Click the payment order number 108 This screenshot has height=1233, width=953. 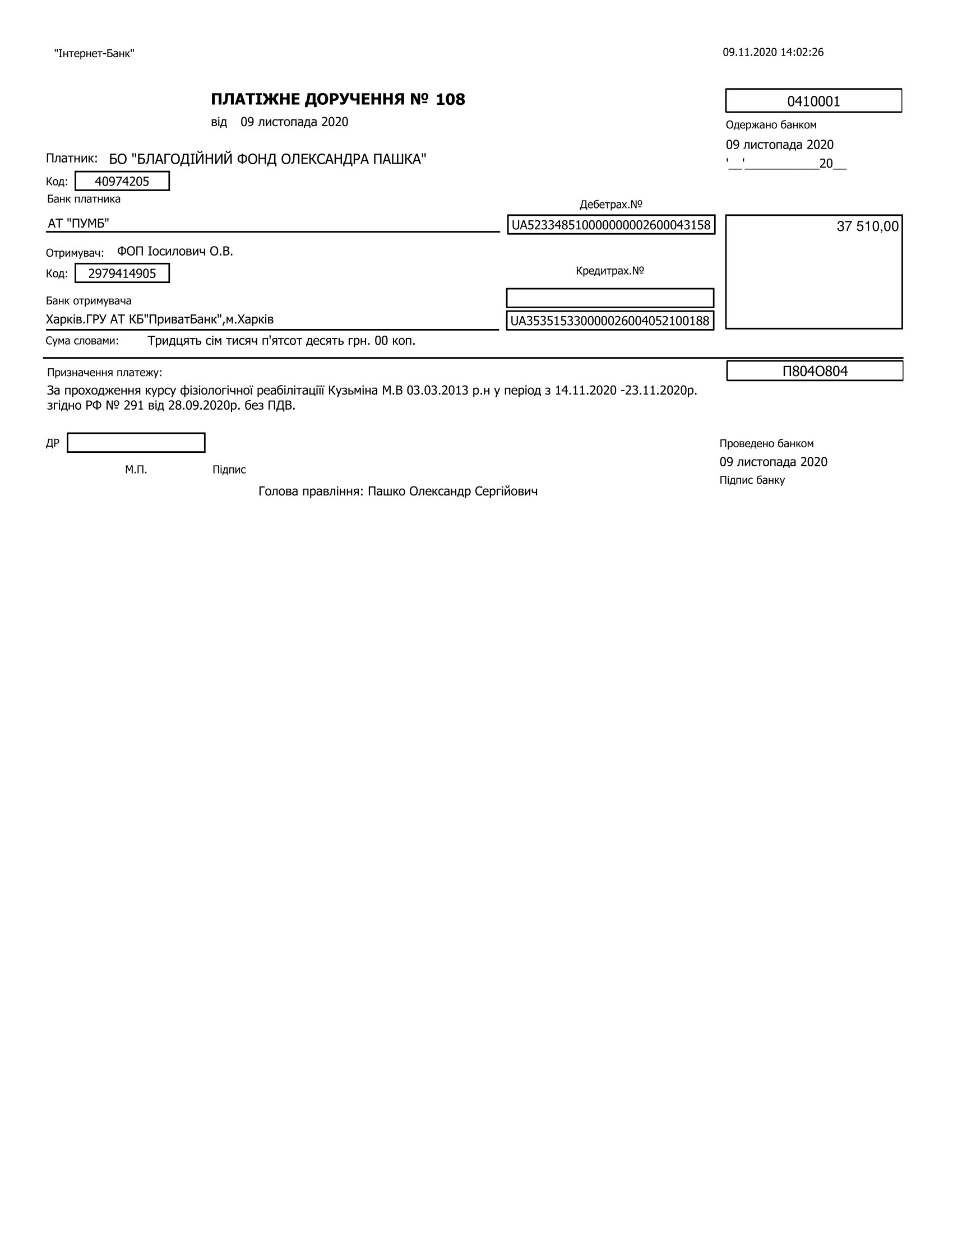point(451,99)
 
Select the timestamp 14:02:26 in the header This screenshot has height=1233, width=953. point(802,53)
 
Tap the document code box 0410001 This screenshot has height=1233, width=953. point(813,101)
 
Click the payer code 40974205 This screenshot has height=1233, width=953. point(122,181)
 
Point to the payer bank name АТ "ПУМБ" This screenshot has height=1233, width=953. point(78,224)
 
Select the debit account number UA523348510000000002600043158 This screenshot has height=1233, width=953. point(611,225)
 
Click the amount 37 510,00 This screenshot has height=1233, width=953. point(867,226)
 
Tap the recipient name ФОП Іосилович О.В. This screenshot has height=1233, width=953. point(175,251)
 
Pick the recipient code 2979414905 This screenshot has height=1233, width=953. point(122,274)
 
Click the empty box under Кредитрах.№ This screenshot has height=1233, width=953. point(610,298)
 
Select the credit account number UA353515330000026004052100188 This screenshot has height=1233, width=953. point(610,321)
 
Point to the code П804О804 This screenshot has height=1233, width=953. point(815,371)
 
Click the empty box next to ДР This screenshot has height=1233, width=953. point(136,443)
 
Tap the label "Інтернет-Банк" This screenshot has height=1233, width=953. point(94,54)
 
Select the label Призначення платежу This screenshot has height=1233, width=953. point(104,373)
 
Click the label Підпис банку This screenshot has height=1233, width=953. point(752,480)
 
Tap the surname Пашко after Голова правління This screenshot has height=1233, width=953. point(387,491)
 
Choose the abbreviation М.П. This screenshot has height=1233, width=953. point(136,470)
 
